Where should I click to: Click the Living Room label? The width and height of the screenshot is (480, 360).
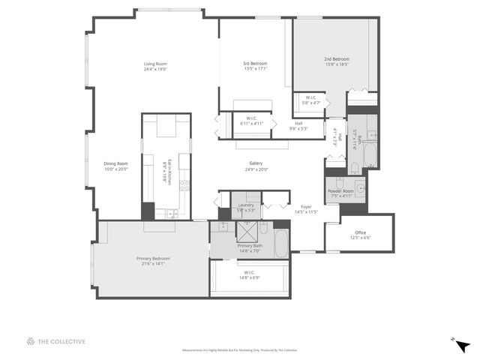(155, 64)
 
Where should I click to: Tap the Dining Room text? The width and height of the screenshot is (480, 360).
(115, 163)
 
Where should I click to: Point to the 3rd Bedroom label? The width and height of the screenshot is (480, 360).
(255, 64)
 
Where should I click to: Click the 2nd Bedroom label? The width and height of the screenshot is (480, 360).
(337, 59)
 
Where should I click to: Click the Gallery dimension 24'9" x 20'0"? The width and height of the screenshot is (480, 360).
(256, 169)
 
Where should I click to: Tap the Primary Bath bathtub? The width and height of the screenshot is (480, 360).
(281, 243)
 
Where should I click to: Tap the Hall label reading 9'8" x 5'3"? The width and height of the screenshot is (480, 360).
(298, 128)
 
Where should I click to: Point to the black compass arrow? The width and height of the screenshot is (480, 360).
(462, 346)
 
